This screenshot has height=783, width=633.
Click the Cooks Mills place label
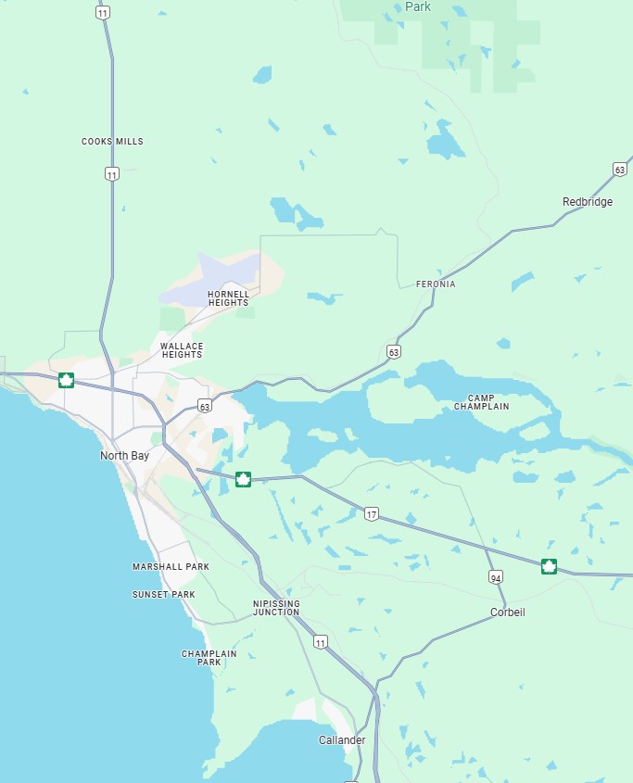pyautogui.click(x=112, y=142)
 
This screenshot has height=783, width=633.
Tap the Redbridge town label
pyautogui.click(x=587, y=202)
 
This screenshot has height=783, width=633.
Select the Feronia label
pyautogui.click(x=436, y=284)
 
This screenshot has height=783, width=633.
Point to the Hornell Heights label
pyautogui.click(x=228, y=298)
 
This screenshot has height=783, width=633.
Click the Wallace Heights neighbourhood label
pyautogui.click(x=182, y=350)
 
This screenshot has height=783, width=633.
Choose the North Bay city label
pyautogui.click(x=124, y=456)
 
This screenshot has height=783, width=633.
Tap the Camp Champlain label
pyautogui.click(x=481, y=402)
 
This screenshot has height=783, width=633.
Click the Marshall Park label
pyautogui.click(x=171, y=566)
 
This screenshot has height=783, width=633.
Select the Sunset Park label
pyautogui.click(x=163, y=594)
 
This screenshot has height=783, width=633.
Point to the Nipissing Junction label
pyautogui.click(x=276, y=608)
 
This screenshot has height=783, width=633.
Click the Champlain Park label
pyautogui.click(x=209, y=658)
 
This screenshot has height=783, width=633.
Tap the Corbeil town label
pyautogui.click(x=507, y=613)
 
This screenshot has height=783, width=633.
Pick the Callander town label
pyautogui.click(x=342, y=740)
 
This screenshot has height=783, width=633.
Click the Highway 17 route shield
pyautogui.click(x=372, y=514)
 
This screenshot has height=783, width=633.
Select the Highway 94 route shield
pyautogui.click(x=497, y=577)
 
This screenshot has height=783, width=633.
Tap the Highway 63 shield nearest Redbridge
pyautogui.click(x=619, y=169)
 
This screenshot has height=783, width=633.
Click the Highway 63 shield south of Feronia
pyautogui.click(x=394, y=351)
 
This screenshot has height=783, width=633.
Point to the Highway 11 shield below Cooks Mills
pyautogui.click(x=112, y=173)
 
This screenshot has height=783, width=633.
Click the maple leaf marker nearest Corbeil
pyautogui.click(x=549, y=566)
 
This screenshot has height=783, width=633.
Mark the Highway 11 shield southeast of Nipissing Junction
pyautogui.click(x=321, y=641)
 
